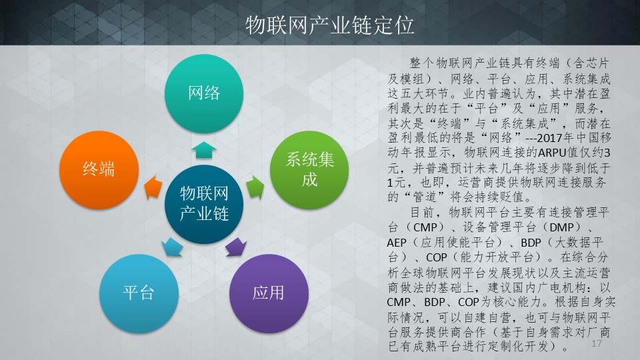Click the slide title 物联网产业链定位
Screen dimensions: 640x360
click(330, 25)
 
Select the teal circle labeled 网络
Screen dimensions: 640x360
click(204, 93)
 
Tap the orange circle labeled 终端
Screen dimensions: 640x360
click(99, 170)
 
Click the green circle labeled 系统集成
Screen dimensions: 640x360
click(309, 170)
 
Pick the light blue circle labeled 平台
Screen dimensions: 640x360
click(139, 293)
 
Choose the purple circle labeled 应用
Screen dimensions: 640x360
click(269, 293)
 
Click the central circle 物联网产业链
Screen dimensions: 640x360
click(204, 204)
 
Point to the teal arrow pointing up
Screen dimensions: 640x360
click(204, 150)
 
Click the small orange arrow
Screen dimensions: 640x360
click(153, 187)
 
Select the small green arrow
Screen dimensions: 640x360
click(255, 187)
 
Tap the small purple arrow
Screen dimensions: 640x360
click(235, 247)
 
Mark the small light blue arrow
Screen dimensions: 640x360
click(172, 247)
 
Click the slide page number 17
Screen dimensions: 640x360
click(596, 343)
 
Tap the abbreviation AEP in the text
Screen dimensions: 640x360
click(397, 243)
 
